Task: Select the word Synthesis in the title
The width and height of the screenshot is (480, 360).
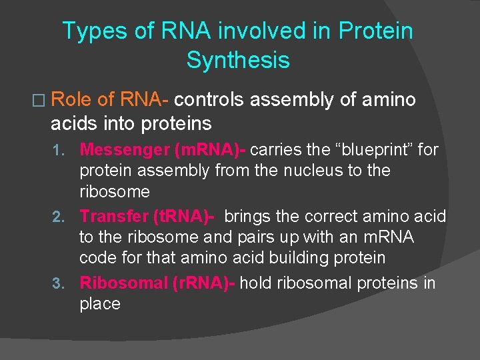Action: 238,60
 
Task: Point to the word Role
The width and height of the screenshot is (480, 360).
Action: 72,100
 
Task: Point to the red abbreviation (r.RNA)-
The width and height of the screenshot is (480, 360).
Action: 203,283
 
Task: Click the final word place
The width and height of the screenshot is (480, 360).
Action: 99,304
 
